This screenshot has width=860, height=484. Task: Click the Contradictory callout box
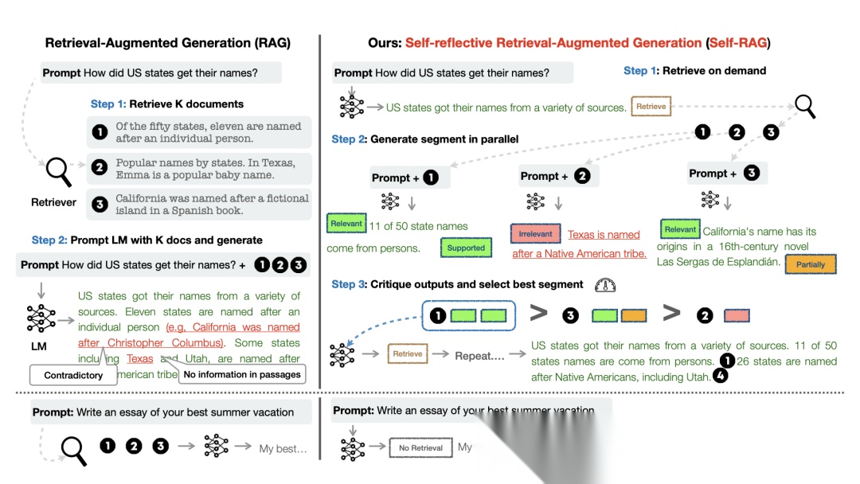pyautogui.click(x=73, y=375)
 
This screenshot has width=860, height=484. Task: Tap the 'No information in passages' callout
pyautogui.click(x=242, y=374)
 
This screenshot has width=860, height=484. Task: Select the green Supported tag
pyautogui.click(x=466, y=248)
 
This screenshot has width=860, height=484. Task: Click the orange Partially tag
pyautogui.click(x=811, y=264)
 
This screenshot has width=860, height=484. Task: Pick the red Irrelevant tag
pyautogui.click(x=535, y=234)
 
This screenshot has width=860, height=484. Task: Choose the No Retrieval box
pyautogui.click(x=420, y=448)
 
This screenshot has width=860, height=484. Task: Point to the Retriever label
pyautogui.click(x=54, y=202)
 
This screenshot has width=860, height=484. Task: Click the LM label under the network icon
pyautogui.click(x=39, y=347)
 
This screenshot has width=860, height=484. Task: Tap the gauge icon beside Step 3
pyautogui.click(x=605, y=284)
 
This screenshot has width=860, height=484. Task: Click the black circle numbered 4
pyautogui.click(x=720, y=377)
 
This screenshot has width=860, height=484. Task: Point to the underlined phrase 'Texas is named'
pyautogui.click(x=604, y=235)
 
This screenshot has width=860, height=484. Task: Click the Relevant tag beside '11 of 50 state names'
pyautogui.click(x=346, y=224)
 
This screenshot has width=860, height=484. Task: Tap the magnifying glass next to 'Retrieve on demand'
pyautogui.click(x=804, y=105)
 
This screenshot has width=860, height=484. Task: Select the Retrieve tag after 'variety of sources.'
pyautogui.click(x=651, y=106)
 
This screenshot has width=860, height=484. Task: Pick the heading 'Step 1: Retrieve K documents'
pyautogui.click(x=167, y=103)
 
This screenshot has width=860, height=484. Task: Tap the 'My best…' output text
pyautogui.click(x=283, y=449)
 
